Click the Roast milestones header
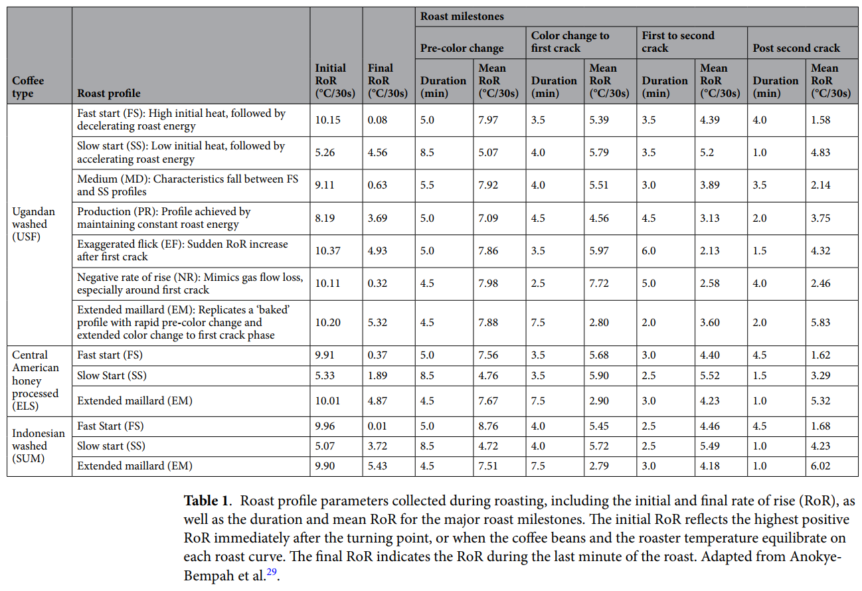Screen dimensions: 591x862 point(462,17)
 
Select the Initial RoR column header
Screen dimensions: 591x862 point(331,80)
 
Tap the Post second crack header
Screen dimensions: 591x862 point(796,48)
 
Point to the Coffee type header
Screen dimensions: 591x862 point(28,87)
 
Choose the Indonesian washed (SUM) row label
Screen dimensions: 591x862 point(39,446)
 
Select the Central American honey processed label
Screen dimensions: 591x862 point(36,380)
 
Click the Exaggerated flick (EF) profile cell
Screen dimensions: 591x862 point(183,250)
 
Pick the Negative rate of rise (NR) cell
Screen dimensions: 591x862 point(189,284)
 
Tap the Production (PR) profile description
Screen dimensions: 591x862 point(164,218)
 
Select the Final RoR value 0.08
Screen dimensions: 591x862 point(378,120)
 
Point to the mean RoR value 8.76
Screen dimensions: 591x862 point(488,426)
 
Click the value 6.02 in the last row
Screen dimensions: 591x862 point(821,466)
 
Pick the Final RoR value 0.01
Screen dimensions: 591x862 point(378,426)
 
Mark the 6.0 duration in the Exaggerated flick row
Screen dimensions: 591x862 point(649,250)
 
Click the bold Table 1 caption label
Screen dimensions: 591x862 point(206,500)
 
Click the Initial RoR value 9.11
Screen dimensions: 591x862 point(325,185)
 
